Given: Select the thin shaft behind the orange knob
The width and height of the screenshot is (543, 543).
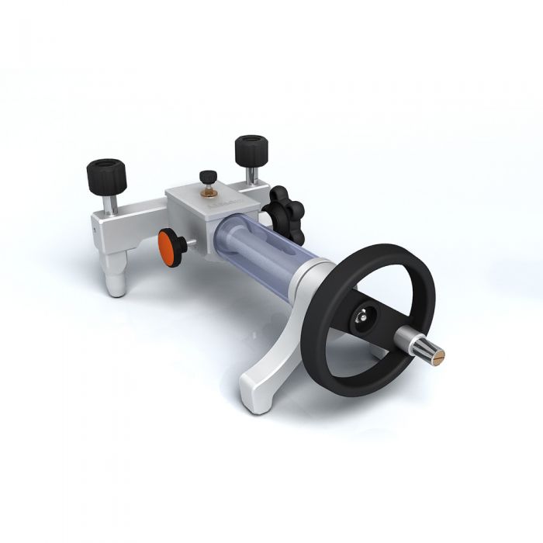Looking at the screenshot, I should (x=188, y=247).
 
